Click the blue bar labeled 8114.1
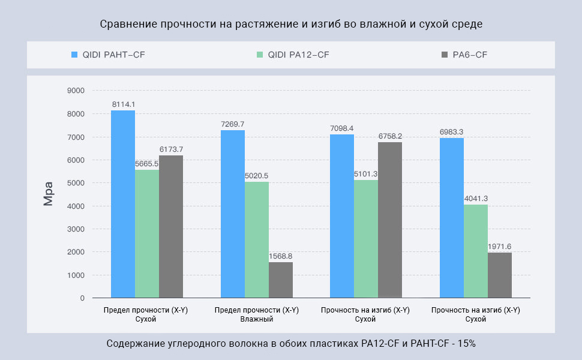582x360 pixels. [x=123, y=204]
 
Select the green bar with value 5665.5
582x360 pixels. [x=147, y=234]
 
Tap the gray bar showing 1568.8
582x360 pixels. [x=281, y=280]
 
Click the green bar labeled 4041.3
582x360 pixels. [x=476, y=251]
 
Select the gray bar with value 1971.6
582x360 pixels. [x=500, y=275]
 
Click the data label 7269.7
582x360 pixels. [x=233, y=124]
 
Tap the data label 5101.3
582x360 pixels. [x=366, y=174]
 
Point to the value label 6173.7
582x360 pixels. [x=171, y=149]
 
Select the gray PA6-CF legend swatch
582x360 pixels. [x=445, y=55]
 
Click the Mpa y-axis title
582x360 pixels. [x=49, y=194]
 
